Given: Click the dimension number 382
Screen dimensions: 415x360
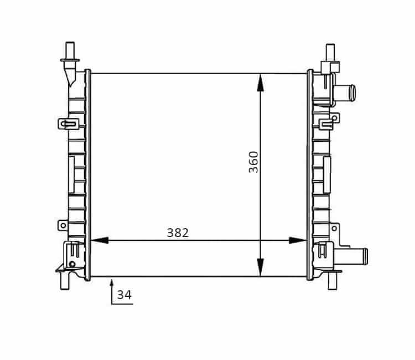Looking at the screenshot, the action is click(178, 233).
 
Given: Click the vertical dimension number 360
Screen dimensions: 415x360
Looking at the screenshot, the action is click(253, 162).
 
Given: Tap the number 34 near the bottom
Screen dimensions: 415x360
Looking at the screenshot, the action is click(124, 295).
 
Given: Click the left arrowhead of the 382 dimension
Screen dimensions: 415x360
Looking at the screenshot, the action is click(100, 240).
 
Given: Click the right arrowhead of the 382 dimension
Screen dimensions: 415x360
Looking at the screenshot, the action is click(298, 240).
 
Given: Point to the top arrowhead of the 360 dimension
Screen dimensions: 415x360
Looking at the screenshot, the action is click(261, 83).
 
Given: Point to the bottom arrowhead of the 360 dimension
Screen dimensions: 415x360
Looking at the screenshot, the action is click(261, 268).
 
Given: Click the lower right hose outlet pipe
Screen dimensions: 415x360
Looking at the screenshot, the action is click(351, 256).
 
